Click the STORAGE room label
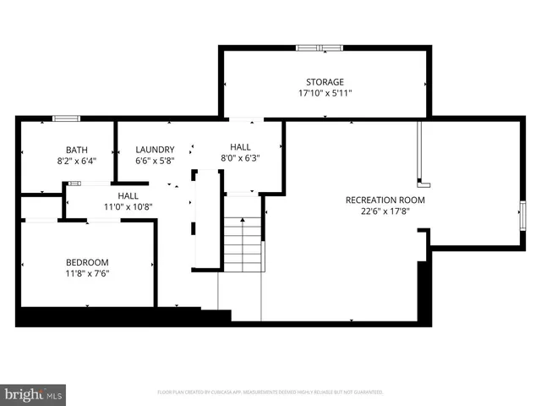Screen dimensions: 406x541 [325, 82]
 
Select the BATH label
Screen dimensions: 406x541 [65, 150]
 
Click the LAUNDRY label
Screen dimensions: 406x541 [155, 150]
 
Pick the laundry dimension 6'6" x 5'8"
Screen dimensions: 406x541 [155, 160]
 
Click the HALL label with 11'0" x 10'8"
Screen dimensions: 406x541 [128, 195]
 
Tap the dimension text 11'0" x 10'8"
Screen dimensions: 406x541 [128, 206]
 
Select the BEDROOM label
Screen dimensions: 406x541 [88, 262]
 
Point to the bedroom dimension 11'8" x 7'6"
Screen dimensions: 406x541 [88, 273]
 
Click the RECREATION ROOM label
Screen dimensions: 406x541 [385, 200]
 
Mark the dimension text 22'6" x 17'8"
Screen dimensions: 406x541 [385, 211]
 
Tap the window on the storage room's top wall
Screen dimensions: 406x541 [320, 47]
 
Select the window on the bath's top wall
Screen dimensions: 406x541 [66, 118]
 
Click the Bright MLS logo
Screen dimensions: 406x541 [34, 394]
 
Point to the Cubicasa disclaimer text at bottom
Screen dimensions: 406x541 [270, 392]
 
